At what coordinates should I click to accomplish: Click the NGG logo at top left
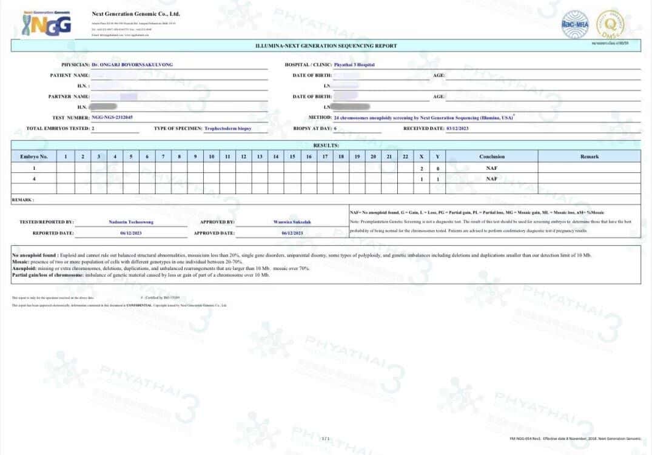point(46,24)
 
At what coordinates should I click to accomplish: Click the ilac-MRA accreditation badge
point(574,24)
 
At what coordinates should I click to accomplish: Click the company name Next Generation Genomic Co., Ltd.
point(136,14)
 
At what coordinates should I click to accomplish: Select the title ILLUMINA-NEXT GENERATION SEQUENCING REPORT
point(326,45)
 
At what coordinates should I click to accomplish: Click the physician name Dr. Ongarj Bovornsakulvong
point(136,64)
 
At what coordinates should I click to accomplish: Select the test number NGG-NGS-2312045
point(112,118)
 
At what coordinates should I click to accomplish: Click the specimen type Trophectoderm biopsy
point(227,129)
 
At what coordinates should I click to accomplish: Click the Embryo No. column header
point(34,157)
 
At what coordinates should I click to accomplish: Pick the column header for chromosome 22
point(405,157)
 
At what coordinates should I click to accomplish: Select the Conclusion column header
point(492,157)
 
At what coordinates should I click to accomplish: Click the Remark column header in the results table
point(589,157)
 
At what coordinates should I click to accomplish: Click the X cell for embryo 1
point(422,168)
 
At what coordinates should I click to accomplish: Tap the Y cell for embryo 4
point(437,179)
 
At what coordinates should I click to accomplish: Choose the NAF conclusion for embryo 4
point(492,179)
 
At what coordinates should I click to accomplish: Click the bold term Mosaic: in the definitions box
point(21,261)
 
